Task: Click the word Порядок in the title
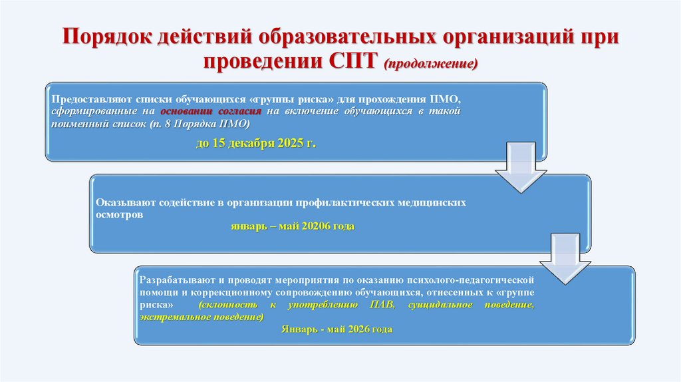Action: pos(107,37)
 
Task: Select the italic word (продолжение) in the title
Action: pos(430,63)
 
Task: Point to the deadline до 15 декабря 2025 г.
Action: pos(255,143)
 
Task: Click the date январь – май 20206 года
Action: pos(293,227)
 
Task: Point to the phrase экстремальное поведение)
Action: pos(202,317)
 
